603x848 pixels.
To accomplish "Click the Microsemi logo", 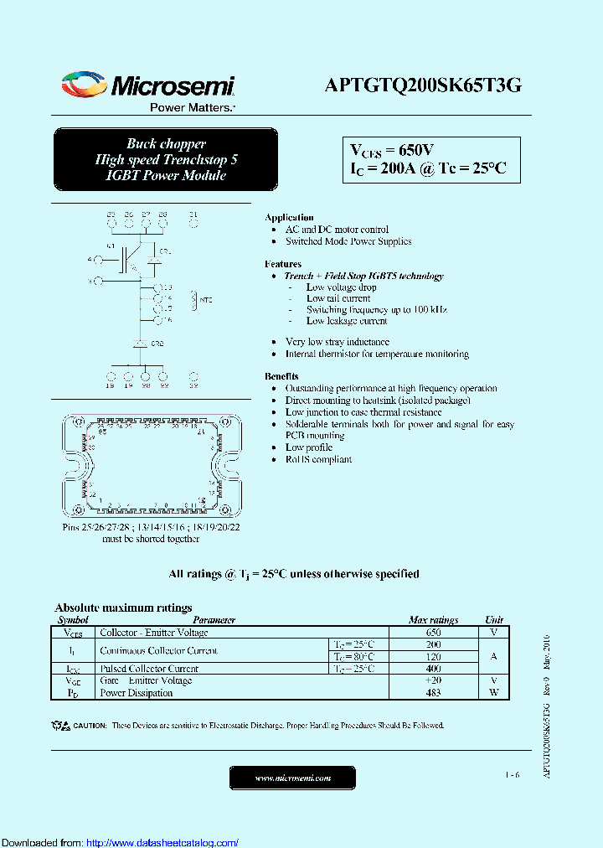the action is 147,85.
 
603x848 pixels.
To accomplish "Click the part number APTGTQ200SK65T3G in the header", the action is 423,85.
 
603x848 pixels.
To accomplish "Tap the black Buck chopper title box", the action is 166,159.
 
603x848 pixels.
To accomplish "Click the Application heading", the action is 289,217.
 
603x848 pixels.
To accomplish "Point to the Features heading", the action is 283,264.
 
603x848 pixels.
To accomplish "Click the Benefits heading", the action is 281,376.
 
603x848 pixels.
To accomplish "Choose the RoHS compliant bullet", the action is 318,459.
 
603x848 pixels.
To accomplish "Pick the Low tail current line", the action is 338,298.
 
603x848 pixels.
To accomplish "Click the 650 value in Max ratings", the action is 433,633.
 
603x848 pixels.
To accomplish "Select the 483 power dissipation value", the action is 433,693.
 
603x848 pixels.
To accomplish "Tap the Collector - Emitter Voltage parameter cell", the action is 154,633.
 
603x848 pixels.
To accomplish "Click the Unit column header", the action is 495,620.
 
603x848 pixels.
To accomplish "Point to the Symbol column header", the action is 73,620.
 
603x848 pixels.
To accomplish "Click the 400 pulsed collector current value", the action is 433,669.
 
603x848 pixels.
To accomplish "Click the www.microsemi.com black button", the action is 292,778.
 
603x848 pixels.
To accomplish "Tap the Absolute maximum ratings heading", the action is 123,608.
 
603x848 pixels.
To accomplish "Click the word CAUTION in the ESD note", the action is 90,725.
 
